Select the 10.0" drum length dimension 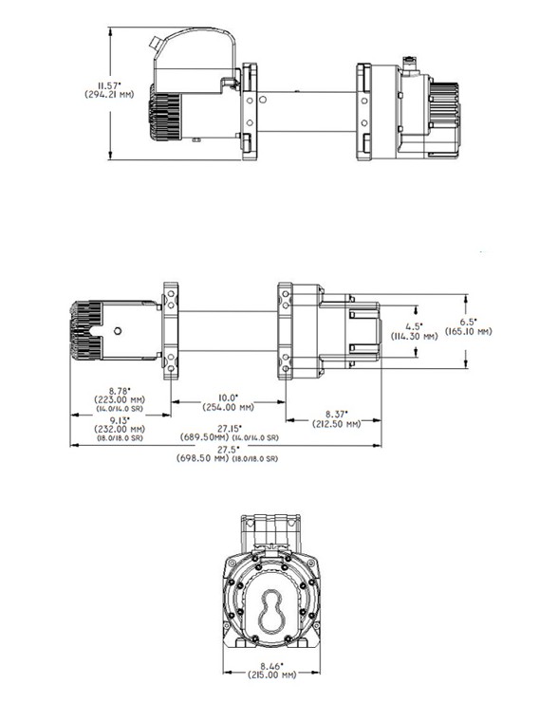(229, 397)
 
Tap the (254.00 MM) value (229, 407)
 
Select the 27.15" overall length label (229, 428)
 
